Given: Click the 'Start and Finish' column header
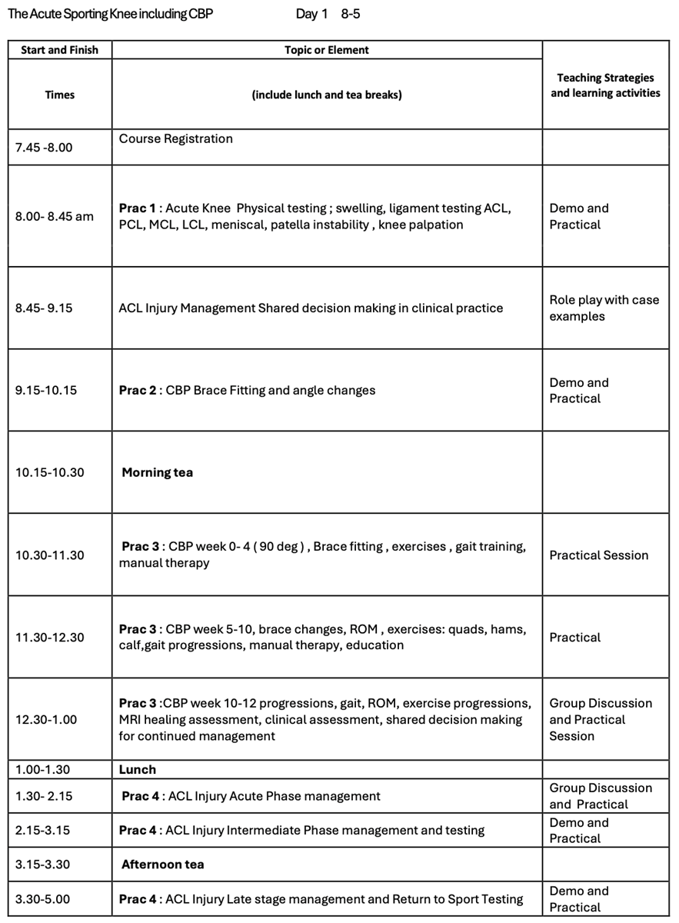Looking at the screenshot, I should pyautogui.click(x=59, y=50).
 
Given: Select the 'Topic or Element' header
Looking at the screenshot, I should pyautogui.click(x=327, y=50).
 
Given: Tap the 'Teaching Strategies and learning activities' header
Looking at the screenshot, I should pyautogui.click(x=605, y=85).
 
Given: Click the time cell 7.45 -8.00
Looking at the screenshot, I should pyautogui.click(x=44, y=147).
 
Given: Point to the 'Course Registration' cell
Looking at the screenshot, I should pyautogui.click(x=175, y=139).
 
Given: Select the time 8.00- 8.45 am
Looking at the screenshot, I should pyautogui.click(x=54, y=216).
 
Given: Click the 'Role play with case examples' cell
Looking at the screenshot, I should pyautogui.click(x=604, y=308).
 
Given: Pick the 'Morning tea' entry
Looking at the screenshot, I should pyautogui.click(x=157, y=472).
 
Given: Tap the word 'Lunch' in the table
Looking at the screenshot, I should pyautogui.click(x=137, y=769).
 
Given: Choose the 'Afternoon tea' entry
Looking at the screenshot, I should pyautogui.click(x=162, y=865).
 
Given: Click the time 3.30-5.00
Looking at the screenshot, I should pyautogui.click(x=45, y=899).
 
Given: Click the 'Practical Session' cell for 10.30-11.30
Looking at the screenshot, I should pyautogui.click(x=598, y=555).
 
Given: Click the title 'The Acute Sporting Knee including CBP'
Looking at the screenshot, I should pyautogui.click(x=111, y=14).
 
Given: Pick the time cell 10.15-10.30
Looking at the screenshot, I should pyautogui.click(x=50, y=472).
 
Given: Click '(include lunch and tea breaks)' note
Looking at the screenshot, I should pyautogui.click(x=327, y=95).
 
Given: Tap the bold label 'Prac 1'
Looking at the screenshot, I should pyautogui.click(x=137, y=208).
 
